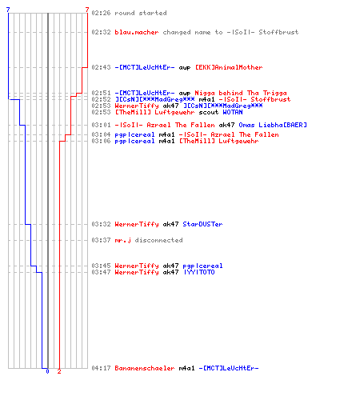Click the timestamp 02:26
click(101, 13)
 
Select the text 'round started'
click(141, 13)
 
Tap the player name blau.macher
click(137, 32)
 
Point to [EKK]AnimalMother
click(229, 67)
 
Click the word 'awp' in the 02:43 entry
click(185, 68)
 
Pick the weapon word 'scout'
click(209, 112)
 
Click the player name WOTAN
click(233, 112)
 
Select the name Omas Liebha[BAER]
click(273, 125)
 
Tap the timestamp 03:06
click(101, 141)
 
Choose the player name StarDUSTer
click(202, 224)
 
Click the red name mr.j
click(122, 240)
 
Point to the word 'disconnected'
click(159, 240)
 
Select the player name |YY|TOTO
click(199, 272)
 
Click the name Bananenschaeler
click(145, 368)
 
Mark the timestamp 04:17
click(101, 368)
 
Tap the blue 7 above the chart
click(8, 10)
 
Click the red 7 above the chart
click(87, 10)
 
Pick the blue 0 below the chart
click(47, 371)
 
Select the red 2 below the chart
click(59, 371)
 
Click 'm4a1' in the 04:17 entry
click(186, 368)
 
